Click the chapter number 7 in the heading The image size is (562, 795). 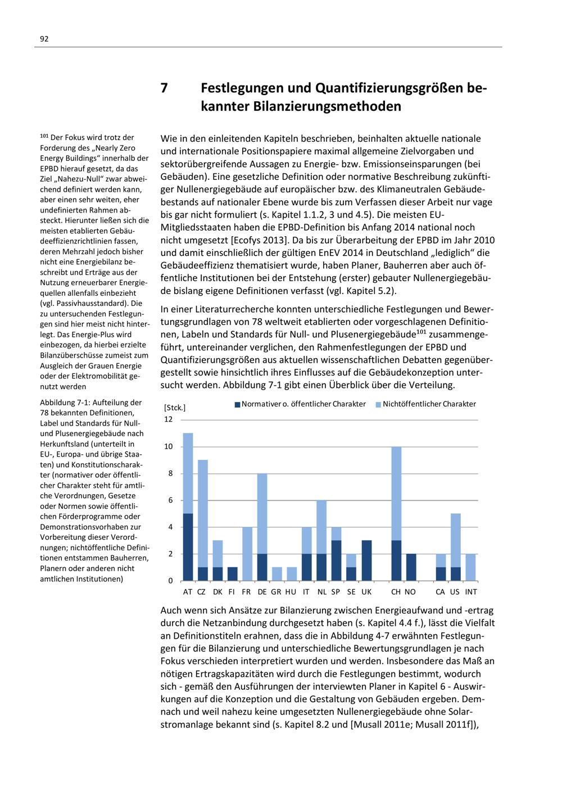pos(164,88)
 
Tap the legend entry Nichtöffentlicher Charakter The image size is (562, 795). pos(429,404)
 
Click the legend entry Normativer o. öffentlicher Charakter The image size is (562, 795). pos(303,404)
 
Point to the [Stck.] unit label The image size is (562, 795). pos(174,407)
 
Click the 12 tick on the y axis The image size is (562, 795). pos(169,419)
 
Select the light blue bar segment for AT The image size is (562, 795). pos(188,473)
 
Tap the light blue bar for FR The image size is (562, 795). pos(247,554)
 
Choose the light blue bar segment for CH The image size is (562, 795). pos(396,494)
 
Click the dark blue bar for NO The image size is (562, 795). pos(410,567)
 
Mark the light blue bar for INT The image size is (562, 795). pos(470,567)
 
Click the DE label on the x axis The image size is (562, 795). pos(262,592)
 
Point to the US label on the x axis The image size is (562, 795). pos(455,592)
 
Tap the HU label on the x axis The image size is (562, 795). pos(291,592)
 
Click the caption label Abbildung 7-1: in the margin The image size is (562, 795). pos(66,403)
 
